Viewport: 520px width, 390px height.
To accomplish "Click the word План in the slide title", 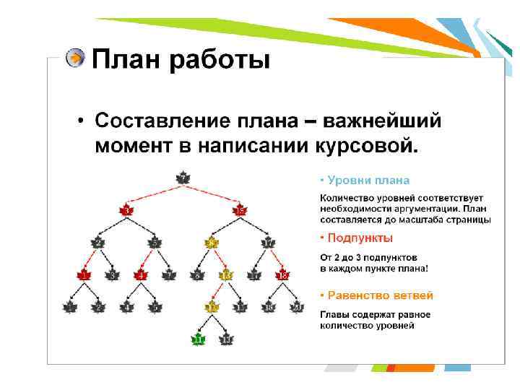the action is (x=127, y=59).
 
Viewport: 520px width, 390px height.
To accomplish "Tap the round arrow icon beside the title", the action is (x=74, y=58).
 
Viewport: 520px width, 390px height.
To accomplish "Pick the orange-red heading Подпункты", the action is (x=360, y=238).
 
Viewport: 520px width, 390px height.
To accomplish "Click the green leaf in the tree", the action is (x=197, y=338).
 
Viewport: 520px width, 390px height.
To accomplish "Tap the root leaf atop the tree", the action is (x=183, y=178).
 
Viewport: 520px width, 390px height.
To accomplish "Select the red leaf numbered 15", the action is (x=240, y=210).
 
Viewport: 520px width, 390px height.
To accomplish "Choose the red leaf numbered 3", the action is (x=126, y=210).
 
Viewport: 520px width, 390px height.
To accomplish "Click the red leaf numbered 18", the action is (x=282, y=274).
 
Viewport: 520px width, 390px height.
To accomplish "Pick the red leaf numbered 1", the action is (x=84, y=274).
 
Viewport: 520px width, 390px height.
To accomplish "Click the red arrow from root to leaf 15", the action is (x=212, y=194).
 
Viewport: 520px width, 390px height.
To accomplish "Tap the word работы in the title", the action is (x=220, y=59).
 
